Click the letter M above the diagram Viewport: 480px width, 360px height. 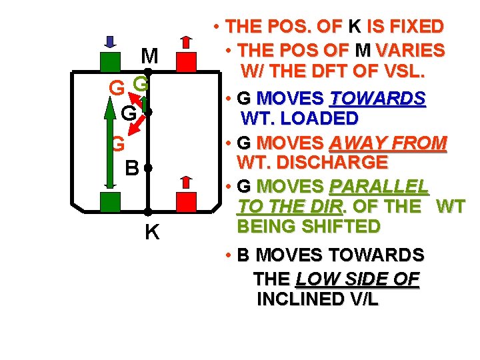[150, 55]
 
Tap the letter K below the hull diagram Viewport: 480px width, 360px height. [152, 233]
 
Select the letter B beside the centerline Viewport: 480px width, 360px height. [133, 167]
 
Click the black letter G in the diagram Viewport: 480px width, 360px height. [129, 114]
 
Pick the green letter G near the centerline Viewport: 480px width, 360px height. [140, 84]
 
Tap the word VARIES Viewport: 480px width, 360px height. [412, 50]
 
